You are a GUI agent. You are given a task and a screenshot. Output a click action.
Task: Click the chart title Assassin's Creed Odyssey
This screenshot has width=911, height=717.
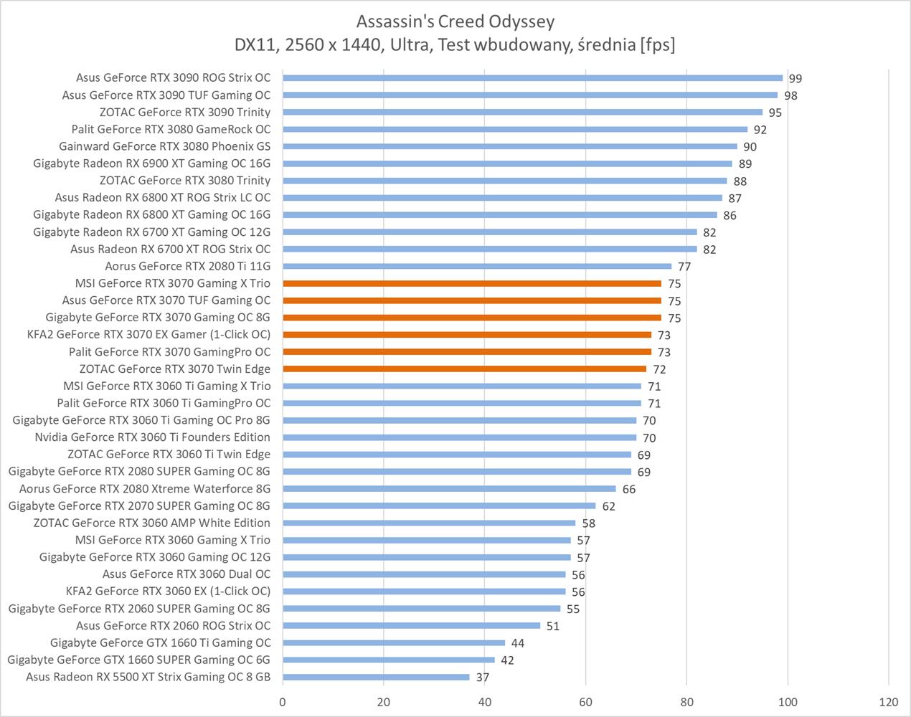coord(455,22)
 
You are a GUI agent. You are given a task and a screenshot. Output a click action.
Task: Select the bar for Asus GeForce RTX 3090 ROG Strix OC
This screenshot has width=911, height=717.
coord(532,78)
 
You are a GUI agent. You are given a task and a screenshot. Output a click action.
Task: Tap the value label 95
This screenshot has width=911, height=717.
coord(775,113)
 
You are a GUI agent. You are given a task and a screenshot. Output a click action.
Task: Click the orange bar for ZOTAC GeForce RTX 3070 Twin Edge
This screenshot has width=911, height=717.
coord(464,369)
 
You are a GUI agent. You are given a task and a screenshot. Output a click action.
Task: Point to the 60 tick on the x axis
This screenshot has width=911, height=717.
coord(585,701)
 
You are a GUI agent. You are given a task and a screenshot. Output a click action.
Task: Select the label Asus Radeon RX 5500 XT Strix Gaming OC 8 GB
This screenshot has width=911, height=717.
coord(148,677)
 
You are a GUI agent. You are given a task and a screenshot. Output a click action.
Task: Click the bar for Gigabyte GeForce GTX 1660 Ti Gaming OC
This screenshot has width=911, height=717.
coord(394,642)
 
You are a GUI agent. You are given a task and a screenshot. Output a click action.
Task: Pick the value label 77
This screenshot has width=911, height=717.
coord(684,267)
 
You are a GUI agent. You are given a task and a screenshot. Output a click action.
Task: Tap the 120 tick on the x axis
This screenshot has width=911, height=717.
coord(889,701)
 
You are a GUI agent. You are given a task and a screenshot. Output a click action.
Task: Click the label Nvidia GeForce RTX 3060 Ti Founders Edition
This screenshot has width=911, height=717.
coord(153,437)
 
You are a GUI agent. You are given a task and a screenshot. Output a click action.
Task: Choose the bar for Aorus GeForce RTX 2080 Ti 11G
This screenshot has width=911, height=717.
coord(477,267)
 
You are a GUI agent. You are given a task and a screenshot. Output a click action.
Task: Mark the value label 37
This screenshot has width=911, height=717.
coord(482,678)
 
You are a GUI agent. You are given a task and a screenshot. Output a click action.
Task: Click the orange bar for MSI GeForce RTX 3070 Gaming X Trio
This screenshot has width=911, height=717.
coord(472,283)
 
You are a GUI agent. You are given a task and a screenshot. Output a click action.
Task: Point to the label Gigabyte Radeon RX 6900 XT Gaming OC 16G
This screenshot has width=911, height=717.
coord(152,163)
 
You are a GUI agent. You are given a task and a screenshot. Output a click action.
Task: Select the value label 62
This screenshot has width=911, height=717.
coord(608,506)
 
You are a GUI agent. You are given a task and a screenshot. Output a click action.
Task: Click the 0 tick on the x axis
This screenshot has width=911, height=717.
coord(283,701)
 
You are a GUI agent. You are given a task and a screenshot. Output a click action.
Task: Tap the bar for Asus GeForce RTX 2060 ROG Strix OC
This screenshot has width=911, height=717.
coord(411,626)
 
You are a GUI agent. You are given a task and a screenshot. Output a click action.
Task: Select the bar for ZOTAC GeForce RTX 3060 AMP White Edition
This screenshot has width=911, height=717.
coord(429,523)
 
